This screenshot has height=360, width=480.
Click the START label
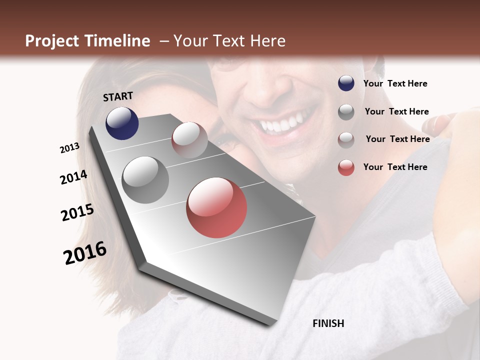(x=118, y=96)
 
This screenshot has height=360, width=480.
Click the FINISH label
(x=328, y=323)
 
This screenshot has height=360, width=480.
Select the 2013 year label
(x=69, y=148)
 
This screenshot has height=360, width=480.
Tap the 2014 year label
(x=73, y=177)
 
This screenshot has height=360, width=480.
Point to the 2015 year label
(x=77, y=212)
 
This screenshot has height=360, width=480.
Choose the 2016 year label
(x=85, y=253)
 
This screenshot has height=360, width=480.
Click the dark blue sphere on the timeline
(x=122, y=123)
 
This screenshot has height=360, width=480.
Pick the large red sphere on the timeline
(x=216, y=207)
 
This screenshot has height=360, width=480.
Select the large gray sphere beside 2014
(x=145, y=179)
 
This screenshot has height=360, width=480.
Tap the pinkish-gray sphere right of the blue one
(x=189, y=139)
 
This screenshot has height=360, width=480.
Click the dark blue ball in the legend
(x=346, y=83)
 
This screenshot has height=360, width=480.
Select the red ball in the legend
(x=346, y=167)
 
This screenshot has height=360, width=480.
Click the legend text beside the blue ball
(x=395, y=83)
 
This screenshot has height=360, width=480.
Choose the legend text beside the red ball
(x=395, y=167)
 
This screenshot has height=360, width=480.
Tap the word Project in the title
(x=51, y=41)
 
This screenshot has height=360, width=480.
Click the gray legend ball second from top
(x=346, y=112)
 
